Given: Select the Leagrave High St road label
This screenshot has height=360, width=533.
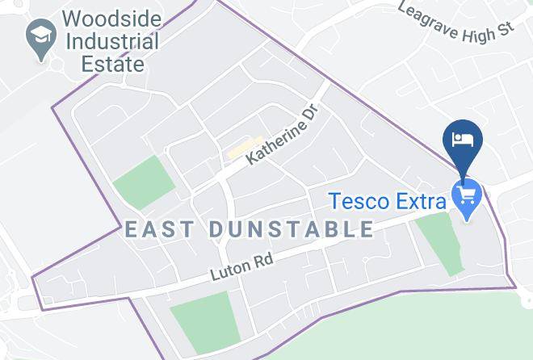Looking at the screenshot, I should tap(456, 22).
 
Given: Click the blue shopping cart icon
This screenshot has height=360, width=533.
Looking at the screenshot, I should tap(467, 193).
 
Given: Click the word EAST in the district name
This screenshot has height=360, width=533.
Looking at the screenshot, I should tap(159, 229).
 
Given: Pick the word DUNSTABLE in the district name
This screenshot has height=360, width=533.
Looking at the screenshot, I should tap(292, 229).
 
